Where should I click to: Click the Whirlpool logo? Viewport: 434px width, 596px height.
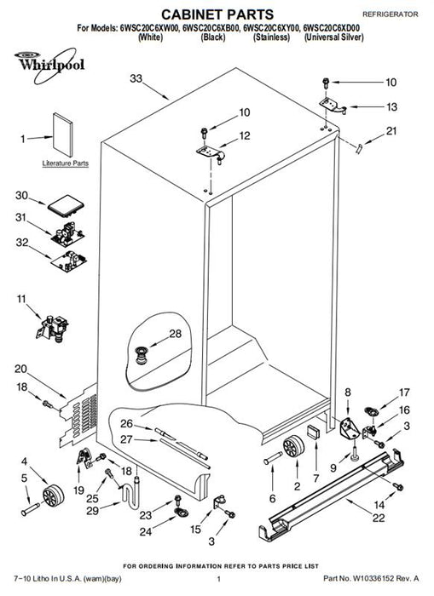tap(49, 65)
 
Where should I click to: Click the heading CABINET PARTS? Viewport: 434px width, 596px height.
tap(217, 14)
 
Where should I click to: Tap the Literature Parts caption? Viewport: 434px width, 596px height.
tap(65, 163)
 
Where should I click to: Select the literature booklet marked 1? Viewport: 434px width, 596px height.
tap(62, 135)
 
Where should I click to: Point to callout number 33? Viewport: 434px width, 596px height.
tap(136, 78)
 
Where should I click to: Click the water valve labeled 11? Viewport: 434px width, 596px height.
tap(54, 329)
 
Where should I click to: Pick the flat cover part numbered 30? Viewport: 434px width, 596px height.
tap(66, 204)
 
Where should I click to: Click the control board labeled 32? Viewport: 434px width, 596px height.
tap(69, 261)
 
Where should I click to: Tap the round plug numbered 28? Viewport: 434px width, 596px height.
tap(142, 355)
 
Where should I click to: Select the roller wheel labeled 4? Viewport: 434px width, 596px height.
tap(53, 496)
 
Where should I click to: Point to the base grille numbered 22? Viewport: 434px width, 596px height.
tap(331, 494)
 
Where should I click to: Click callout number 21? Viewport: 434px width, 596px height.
tap(391, 131)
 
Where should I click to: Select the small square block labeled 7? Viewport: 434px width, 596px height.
tap(314, 433)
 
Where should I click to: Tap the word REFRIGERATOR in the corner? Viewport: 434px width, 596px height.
tap(391, 14)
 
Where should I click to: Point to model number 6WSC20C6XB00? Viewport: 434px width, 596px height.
tap(211, 28)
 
